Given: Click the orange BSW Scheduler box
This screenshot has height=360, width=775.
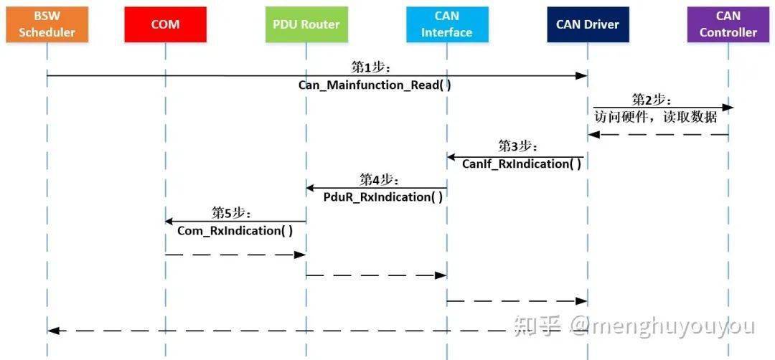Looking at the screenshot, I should [x=47, y=24].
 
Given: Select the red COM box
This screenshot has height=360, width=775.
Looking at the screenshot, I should [x=165, y=24].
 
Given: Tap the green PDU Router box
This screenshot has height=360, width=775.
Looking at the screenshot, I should [x=306, y=24].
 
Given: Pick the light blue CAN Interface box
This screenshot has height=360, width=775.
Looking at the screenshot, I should [x=446, y=24].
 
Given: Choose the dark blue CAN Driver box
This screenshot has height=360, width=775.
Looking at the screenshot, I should [x=587, y=24].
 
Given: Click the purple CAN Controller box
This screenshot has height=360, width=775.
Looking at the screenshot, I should [x=728, y=24].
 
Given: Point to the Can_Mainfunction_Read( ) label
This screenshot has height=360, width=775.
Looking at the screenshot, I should [x=375, y=85].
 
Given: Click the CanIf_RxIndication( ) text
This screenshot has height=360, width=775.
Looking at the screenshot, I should [x=521, y=164].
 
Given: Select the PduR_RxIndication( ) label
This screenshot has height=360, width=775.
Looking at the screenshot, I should [x=378, y=196].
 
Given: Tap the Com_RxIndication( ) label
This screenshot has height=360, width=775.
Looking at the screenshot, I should [x=235, y=230].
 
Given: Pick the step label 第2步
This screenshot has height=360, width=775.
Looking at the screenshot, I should [x=652, y=99].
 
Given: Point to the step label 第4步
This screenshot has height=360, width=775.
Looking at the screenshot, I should [x=380, y=179].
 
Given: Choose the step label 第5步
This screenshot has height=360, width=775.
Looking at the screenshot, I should [x=231, y=212].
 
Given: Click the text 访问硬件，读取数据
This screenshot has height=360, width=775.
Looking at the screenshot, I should [x=655, y=117].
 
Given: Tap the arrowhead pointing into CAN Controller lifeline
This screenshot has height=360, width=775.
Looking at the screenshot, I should [x=728, y=108].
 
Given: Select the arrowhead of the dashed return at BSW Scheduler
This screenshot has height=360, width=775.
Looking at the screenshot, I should [x=53, y=331].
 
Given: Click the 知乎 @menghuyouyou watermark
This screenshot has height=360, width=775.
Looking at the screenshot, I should [x=633, y=327].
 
